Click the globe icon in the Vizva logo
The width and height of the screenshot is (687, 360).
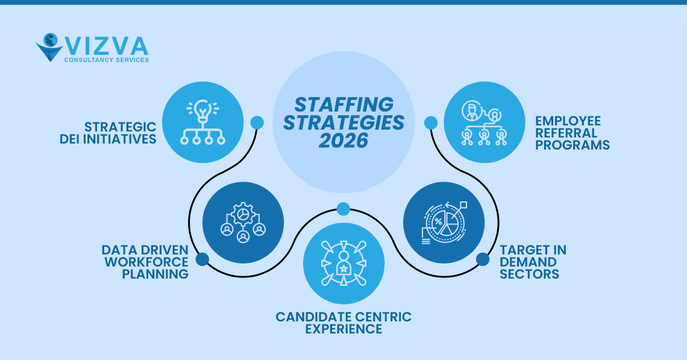(49, 41)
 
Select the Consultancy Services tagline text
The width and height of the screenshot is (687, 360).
(106, 60)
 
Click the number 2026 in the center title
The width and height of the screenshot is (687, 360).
(343, 141)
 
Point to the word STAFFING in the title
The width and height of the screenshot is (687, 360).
(343, 104)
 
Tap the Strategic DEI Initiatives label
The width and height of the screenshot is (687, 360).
(120, 133)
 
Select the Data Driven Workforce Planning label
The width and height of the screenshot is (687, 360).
(145, 262)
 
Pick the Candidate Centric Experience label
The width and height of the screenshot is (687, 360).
(343, 323)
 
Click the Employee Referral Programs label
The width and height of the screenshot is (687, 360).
(572, 133)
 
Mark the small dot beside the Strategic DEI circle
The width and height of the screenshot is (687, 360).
(257, 122)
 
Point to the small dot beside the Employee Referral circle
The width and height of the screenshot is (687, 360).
(430, 122)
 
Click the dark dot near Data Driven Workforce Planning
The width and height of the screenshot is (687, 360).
(202, 259)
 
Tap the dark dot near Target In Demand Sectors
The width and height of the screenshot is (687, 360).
(483, 259)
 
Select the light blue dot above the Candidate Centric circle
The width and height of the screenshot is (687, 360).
(343, 209)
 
